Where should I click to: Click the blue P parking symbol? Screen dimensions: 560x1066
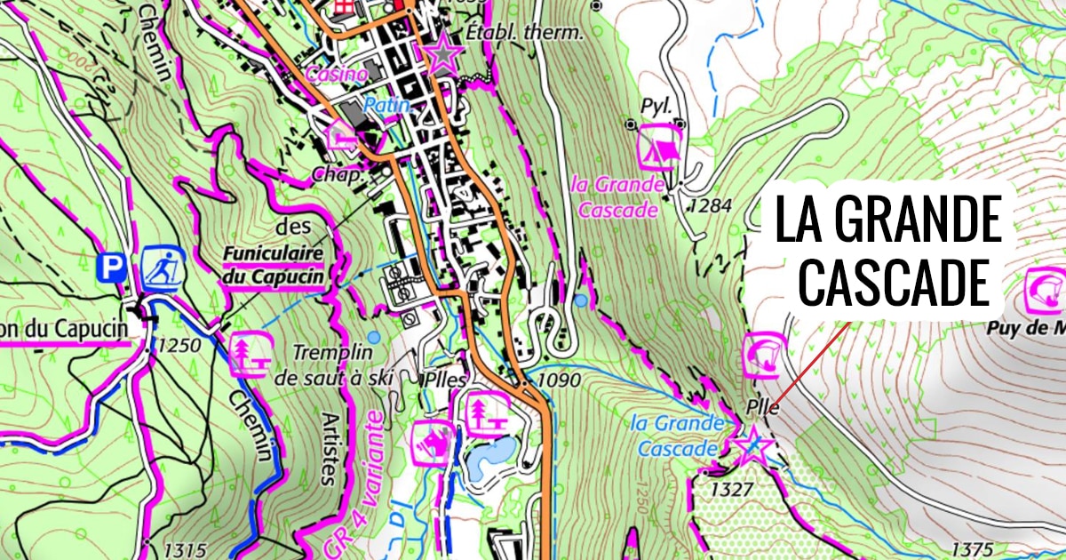click(x=111, y=268)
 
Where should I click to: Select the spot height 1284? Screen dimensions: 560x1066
click(x=711, y=206)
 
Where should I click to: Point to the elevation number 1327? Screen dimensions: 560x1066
click(x=732, y=489)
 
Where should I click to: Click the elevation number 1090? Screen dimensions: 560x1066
click(x=560, y=380)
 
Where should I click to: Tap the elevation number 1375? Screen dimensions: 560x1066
click(x=973, y=548)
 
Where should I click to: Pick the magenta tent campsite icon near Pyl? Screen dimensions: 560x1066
click(x=660, y=146)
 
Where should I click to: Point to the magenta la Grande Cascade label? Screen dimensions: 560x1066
click(x=619, y=197)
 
